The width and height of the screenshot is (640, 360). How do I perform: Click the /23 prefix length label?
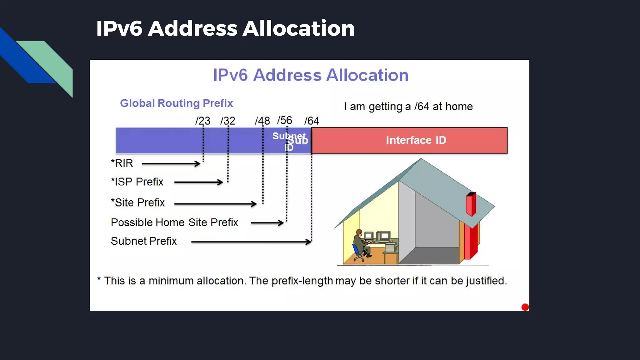[x=203, y=121]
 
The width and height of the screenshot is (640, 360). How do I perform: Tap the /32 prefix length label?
[x=227, y=121]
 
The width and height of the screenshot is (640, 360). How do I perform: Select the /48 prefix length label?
[x=262, y=121]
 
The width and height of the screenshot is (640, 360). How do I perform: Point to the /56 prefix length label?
[x=284, y=120]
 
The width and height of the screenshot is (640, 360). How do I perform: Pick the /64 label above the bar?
[x=312, y=121]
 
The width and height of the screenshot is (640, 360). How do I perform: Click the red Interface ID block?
[x=409, y=140]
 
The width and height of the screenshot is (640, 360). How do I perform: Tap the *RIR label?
[x=122, y=163]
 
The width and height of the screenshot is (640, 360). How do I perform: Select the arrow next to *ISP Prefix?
[x=198, y=182]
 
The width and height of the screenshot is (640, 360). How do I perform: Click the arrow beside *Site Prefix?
[x=215, y=204]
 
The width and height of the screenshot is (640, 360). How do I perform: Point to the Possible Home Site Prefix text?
[x=174, y=222]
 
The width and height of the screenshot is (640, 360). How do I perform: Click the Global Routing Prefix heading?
[x=176, y=103]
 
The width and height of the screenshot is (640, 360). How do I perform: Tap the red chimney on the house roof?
[x=471, y=204]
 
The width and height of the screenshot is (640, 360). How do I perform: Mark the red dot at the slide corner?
[x=525, y=307]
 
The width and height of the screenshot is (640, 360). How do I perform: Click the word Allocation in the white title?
[x=298, y=28]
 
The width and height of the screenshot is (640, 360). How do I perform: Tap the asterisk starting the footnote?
[x=99, y=279]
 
